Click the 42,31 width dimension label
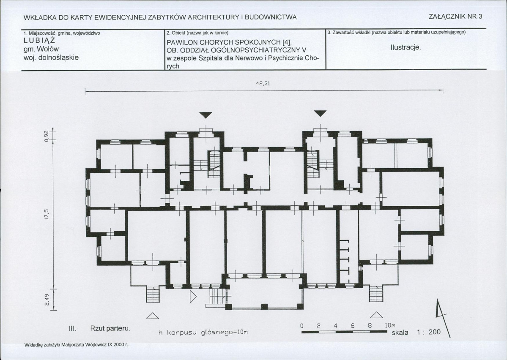(263, 83)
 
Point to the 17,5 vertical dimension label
(47, 215)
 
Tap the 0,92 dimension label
(47, 136)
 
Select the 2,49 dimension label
(47, 300)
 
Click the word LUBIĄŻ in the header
(39, 41)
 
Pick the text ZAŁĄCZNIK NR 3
(455, 16)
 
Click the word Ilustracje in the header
(406, 47)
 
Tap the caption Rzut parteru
(110, 329)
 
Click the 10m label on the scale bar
(390, 325)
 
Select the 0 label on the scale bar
(301, 326)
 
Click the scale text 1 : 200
(428, 332)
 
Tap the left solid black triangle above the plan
(206, 115)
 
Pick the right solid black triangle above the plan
(321, 113)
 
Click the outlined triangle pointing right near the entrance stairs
(193, 297)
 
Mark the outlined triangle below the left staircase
(153, 316)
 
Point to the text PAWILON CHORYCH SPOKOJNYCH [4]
(229, 42)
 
